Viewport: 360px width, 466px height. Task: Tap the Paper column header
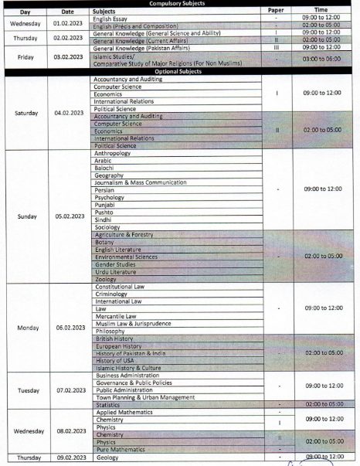(x=276, y=12)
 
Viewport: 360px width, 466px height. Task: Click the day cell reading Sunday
(x=25, y=216)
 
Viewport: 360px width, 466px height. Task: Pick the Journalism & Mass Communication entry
(x=140, y=182)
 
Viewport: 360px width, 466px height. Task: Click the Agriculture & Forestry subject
(x=124, y=234)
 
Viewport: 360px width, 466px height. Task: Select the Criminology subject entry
(x=112, y=294)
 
